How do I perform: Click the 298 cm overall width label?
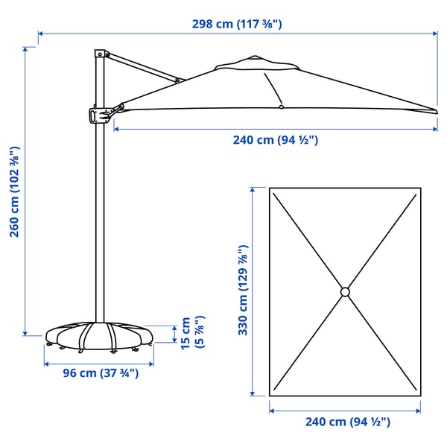(238, 24)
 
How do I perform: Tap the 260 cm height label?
(14, 191)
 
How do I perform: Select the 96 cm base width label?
(100, 373)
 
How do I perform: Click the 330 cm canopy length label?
(243, 291)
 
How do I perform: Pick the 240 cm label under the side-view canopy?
(275, 140)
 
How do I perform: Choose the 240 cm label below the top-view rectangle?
(348, 422)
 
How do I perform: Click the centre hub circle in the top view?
(344, 291)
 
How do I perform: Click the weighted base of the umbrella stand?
(99, 335)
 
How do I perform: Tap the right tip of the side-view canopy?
(435, 111)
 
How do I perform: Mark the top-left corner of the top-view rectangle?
(270, 188)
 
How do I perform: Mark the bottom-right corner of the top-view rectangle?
(420, 395)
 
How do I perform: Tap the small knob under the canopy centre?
(281, 107)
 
